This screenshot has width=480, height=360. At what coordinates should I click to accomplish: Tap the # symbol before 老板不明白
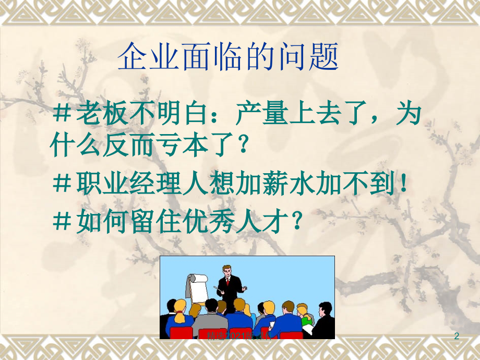pos(63,114)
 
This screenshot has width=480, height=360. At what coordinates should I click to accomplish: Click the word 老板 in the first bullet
pos(102,114)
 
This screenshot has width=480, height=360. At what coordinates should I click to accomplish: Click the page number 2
pos(457,337)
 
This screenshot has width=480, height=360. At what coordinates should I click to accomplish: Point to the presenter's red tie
pos(227,282)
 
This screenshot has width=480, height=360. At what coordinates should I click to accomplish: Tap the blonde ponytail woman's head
pos(179,305)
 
